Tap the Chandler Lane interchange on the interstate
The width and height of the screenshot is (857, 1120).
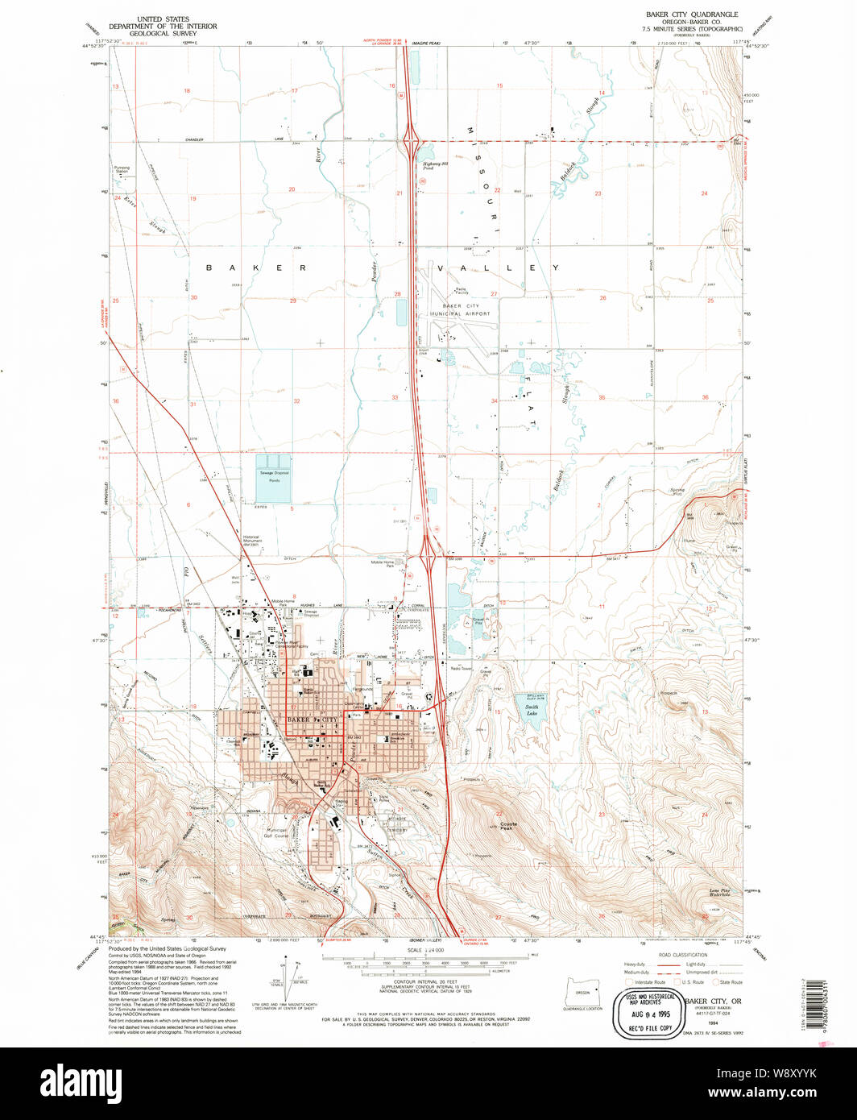[x=412, y=141]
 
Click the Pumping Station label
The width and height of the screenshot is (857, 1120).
[x=122, y=170]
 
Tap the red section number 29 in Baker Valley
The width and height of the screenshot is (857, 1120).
[x=293, y=301]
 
